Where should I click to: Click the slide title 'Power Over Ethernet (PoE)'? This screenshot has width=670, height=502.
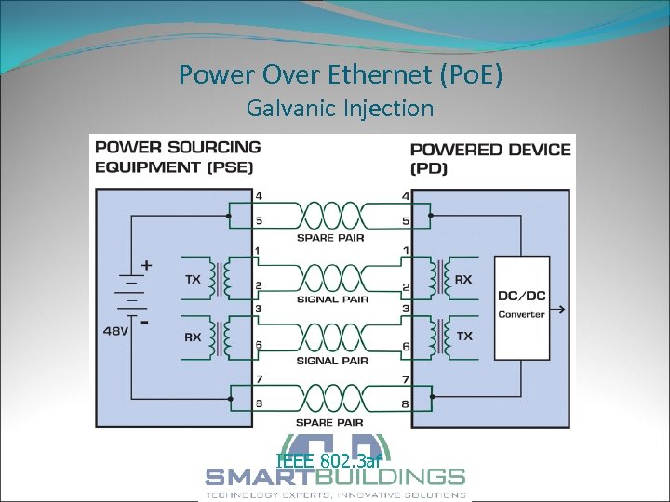click(341, 74)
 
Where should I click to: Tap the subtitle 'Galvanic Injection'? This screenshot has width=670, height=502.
click(340, 109)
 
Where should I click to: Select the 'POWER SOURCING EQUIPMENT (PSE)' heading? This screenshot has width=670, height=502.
click(178, 156)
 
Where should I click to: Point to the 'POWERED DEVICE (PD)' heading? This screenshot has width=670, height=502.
click(490, 158)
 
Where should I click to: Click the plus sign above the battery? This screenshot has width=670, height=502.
click(146, 265)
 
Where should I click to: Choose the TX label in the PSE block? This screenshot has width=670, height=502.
click(193, 279)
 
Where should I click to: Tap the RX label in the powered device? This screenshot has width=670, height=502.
click(462, 279)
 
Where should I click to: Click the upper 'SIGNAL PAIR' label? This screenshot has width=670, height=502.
click(332, 299)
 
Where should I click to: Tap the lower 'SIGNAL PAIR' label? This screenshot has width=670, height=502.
click(332, 361)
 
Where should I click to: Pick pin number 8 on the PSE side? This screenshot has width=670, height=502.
click(257, 403)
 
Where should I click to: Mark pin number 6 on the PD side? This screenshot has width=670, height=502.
click(405, 346)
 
